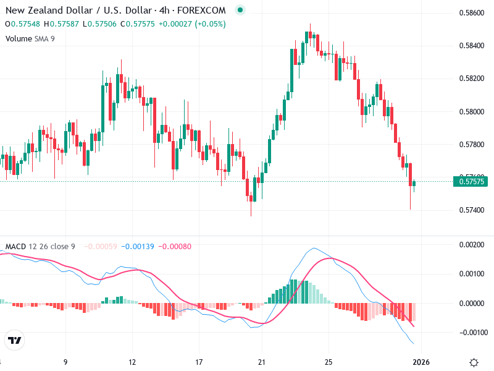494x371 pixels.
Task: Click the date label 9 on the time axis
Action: pyautogui.click(x=65, y=361)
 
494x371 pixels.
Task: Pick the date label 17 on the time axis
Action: pyautogui.click(x=199, y=361)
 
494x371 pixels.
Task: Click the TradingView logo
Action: pyautogui.click(x=14, y=340)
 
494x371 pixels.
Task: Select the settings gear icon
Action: pyautogui.click(x=474, y=362)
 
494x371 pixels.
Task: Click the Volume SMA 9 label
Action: pyautogui.click(x=30, y=38)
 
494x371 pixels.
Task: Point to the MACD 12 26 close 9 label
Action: pyautogui.click(x=40, y=247)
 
